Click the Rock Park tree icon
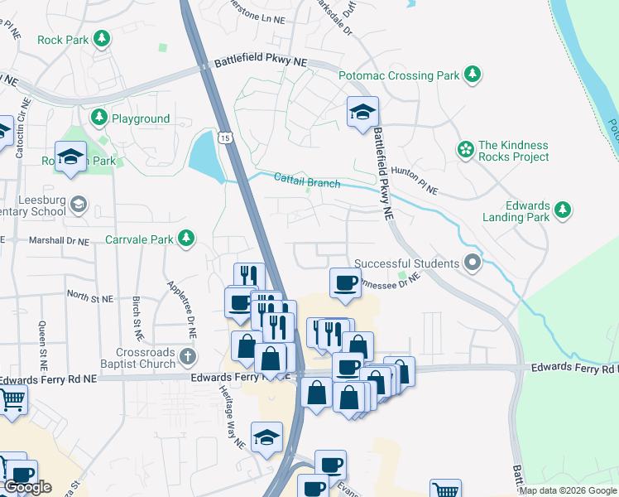tap(102, 38)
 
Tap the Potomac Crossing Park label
tap(398, 75)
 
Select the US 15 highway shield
tap(224, 138)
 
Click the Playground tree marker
tap(99, 118)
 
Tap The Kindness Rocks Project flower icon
tap(465, 150)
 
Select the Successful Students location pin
tap(473, 263)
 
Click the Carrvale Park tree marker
tap(187, 239)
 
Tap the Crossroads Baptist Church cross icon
tap(189, 358)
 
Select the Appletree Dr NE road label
tap(183, 304)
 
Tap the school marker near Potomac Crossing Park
tap(362, 113)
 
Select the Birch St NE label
tap(137, 318)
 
